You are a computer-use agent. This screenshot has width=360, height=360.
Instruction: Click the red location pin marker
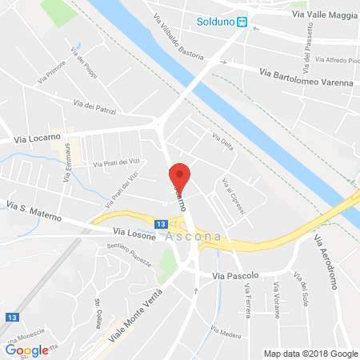[181, 175]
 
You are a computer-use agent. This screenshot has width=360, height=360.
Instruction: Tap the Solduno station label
[216, 22]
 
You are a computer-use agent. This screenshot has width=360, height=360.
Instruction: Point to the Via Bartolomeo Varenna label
[307, 75]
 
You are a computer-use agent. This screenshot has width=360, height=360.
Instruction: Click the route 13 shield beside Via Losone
[162, 226]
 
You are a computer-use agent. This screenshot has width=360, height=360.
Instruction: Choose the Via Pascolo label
[236, 275]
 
